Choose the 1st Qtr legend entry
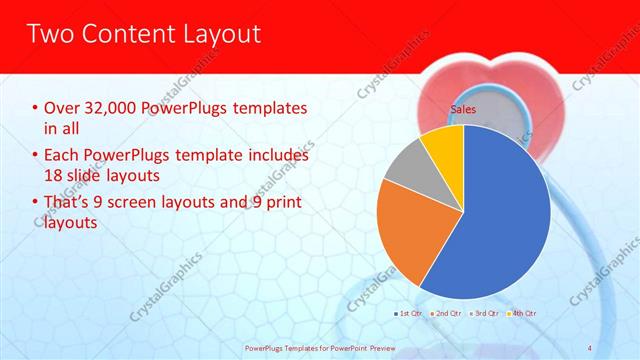[x=409, y=315]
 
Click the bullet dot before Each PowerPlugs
[x=36, y=156]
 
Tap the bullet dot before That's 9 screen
[x=36, y=204]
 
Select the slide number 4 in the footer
[x=589, y=348]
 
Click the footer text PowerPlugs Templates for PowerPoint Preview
[x=319, y=348]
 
